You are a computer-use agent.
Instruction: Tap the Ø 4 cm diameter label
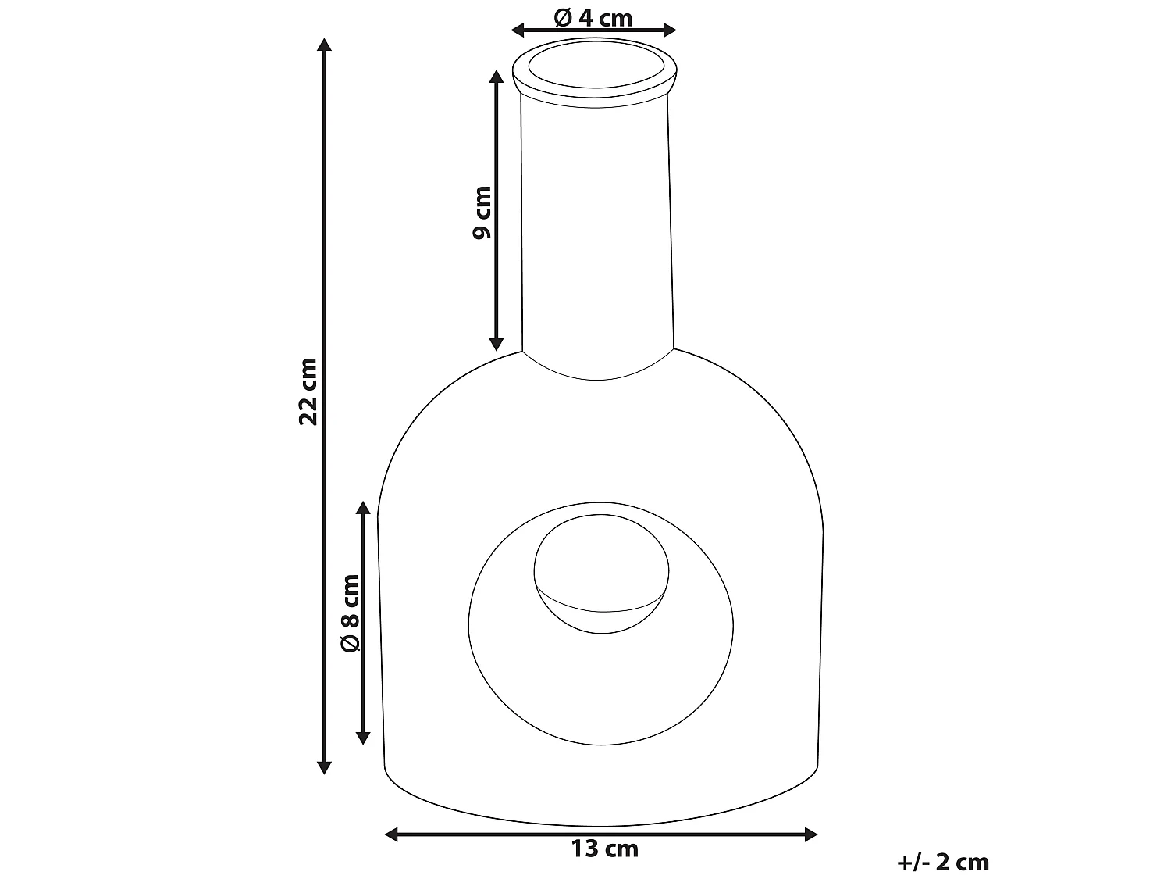(593, 17)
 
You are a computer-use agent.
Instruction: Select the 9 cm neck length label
(483, 212)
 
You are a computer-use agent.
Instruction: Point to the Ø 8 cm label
(351, 613)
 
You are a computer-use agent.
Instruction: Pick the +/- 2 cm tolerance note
(943, 862)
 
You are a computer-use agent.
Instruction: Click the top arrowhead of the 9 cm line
(496, 77)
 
